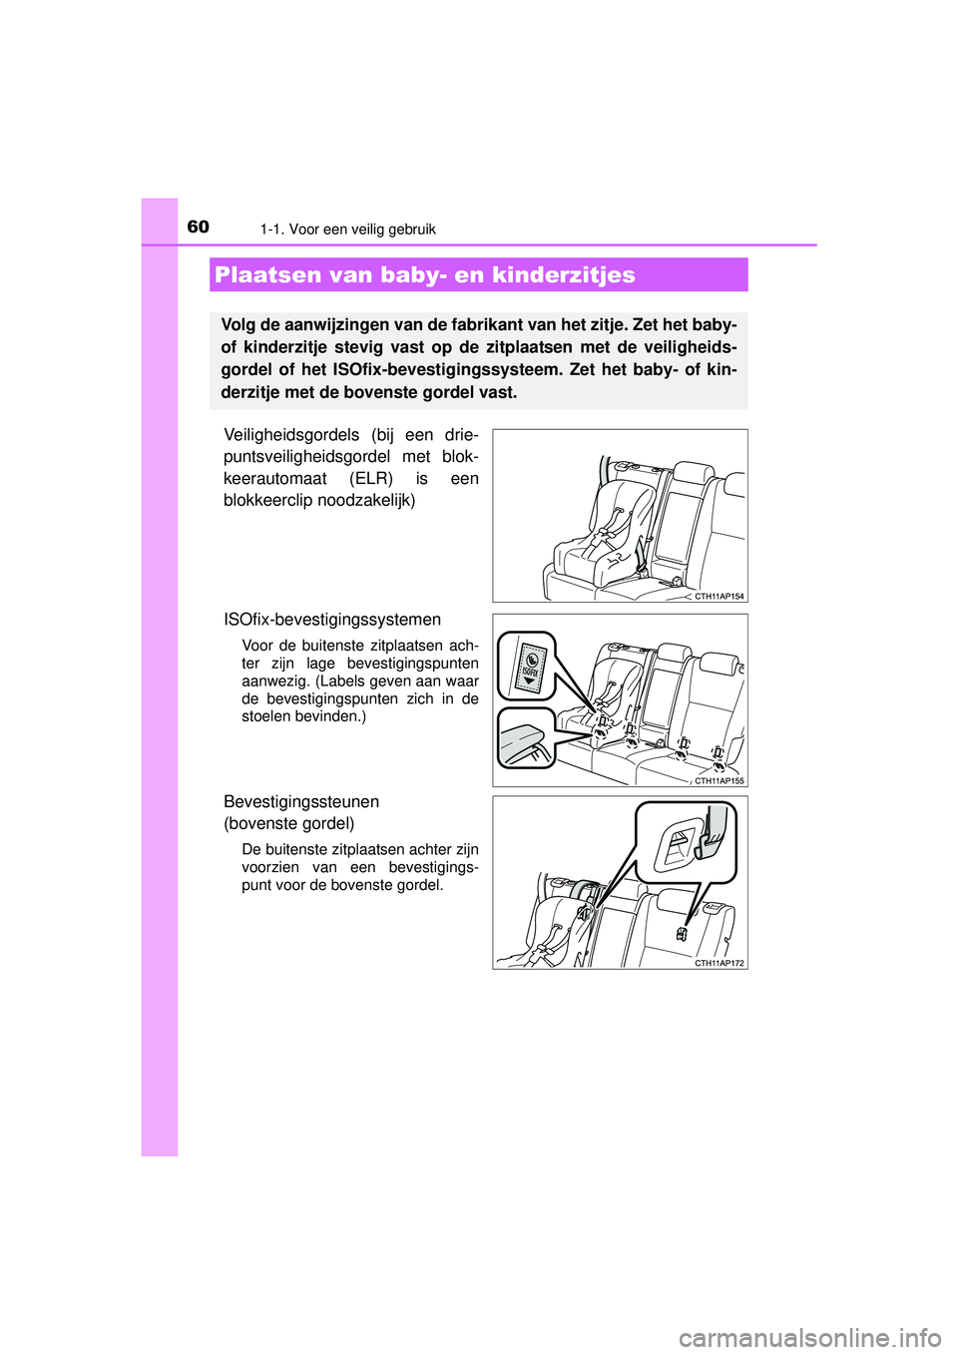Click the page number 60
(x=198, y=226)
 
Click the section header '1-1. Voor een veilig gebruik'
(x=347, y=229)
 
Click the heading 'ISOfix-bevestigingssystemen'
(x=332, y=620)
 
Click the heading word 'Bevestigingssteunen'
(x=301, y=802)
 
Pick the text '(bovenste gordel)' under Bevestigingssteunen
(x=289, y=824)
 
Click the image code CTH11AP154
(x=718, y=597)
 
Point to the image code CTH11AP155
(x=718, y=781)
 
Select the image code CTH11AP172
(x=718, y=964)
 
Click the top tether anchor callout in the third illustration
(x=687, y=842)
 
